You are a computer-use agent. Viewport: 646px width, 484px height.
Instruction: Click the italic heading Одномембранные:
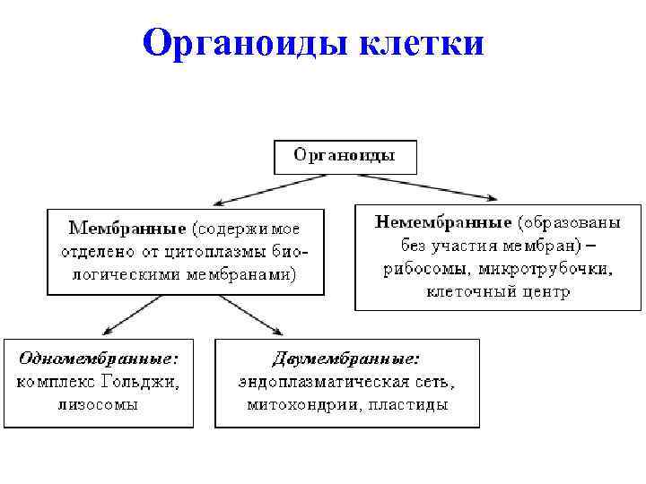[x=98, y=358]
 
